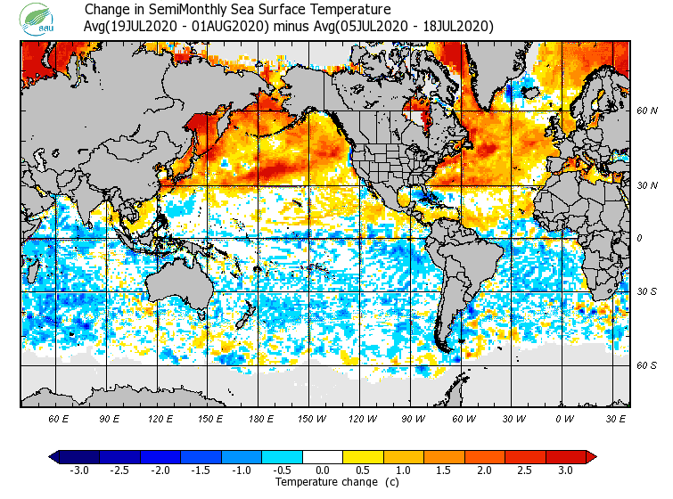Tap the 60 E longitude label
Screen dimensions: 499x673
click(x=59, y=418)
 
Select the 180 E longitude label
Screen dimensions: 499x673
click(x=260, y=418)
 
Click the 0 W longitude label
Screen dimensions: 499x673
click(x=563, y=418)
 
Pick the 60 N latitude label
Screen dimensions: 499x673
click(x=646, y=110)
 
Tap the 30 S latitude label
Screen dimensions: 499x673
click(x=646, y=291)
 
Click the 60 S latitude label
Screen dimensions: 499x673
click(x=646, y=365)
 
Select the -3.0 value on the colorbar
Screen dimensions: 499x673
click(x=79, y=470)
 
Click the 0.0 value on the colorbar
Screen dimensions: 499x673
click(x=323, y=470)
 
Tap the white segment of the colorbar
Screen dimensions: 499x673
click(x=323, y=456)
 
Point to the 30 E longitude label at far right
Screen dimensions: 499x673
click(x=615, y=418)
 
